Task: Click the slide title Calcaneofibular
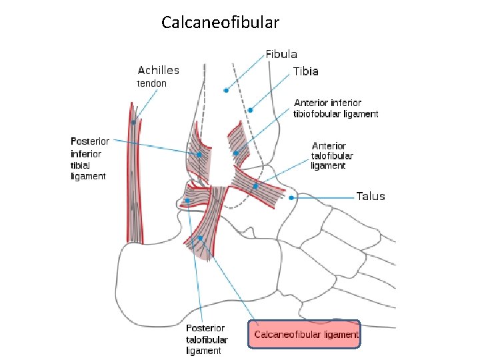coord(220,23)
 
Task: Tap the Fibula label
coord(281,54)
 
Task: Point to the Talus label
coord(370,196)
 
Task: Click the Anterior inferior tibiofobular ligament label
coord(336,109)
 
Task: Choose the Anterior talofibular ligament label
coord(332,155)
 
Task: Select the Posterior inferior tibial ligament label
coord(89,159)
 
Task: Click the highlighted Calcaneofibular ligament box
coord(303,335)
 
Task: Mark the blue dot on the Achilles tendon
coord(133,123)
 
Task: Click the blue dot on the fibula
coord(226,90)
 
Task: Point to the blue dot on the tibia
coord(251,110)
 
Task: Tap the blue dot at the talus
coord(292,197)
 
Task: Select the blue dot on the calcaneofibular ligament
coord(200,238)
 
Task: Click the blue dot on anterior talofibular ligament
coord(255,186)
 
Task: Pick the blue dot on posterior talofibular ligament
coord(187,200)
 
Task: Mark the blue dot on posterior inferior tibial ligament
coord(199,155)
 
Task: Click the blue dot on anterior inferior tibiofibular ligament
coord(236,153)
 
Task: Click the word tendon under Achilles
coord(151,83)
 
